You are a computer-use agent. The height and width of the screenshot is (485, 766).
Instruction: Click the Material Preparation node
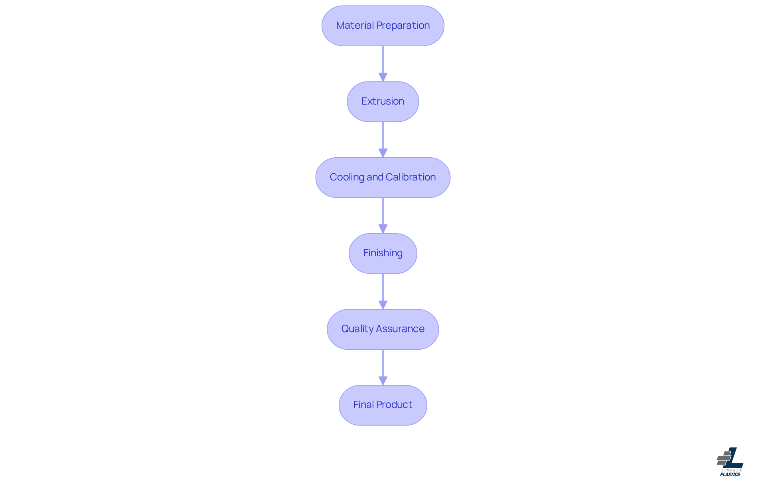(383, 26)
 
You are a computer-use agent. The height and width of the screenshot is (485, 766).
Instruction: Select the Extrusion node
(383, 102)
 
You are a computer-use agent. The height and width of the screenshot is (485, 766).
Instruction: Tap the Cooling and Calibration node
(383, 178)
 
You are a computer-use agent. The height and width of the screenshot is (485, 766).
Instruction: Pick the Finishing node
(383, 253)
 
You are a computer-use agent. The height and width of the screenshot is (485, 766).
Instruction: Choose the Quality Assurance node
(383, 329)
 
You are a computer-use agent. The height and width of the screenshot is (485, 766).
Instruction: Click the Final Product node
(383, 405)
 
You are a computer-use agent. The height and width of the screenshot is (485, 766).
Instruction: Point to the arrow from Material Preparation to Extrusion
(383, 64)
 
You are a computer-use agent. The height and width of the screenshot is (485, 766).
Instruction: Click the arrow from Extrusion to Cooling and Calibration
(383, 140)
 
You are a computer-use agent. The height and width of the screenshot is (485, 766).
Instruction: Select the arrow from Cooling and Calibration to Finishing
(383, 216)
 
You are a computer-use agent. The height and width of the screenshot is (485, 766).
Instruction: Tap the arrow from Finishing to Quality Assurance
(383, 291)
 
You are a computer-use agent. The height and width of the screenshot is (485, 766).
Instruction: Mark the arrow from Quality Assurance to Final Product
(383, 367)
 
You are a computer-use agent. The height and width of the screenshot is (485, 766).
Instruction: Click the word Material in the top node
(355, 26)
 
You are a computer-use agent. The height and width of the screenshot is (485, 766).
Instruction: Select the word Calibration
(411, 177)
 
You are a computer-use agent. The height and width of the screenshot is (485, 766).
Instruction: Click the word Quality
(357, 329)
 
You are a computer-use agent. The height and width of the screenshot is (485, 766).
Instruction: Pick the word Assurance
(400, 329)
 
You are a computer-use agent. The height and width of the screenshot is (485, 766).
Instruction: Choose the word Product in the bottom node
(394, 405)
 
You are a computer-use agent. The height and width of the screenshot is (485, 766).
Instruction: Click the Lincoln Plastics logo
(730, 462)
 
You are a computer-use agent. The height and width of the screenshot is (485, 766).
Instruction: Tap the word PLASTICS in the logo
(730, 475)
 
